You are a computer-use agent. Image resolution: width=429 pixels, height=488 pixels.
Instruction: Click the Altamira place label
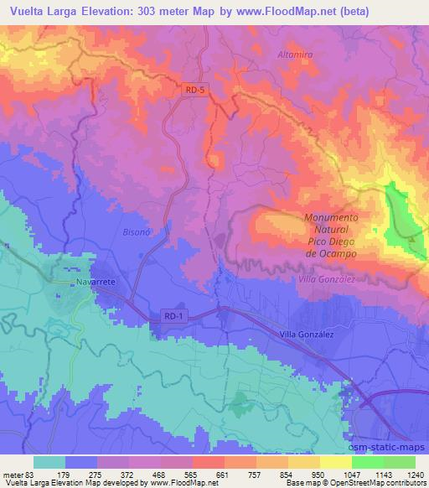coord(294,54)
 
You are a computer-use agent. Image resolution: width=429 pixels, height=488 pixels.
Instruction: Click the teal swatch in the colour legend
coord(49,462)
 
